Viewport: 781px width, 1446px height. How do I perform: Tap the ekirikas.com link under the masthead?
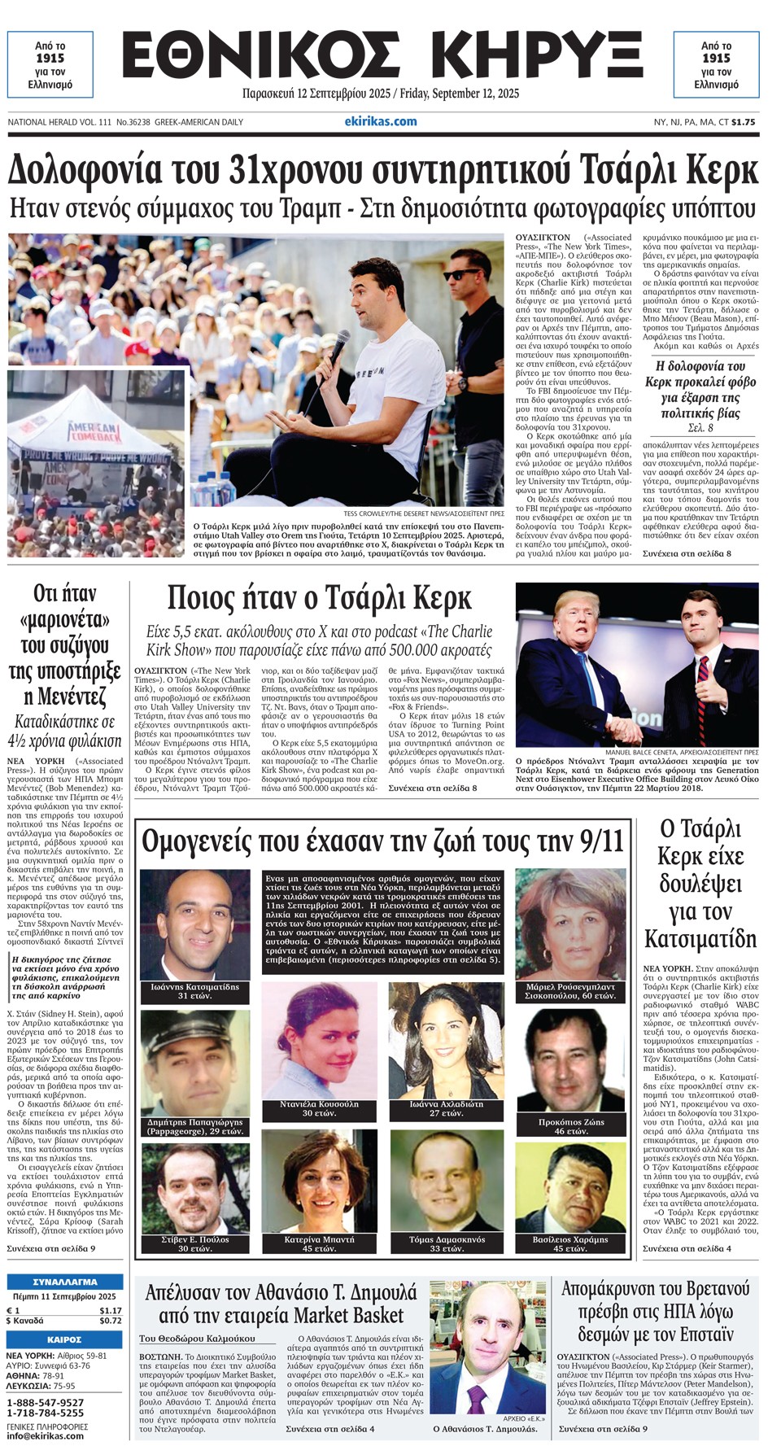pos(381,121)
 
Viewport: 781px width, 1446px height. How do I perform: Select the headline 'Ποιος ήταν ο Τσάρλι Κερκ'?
pos(319,598)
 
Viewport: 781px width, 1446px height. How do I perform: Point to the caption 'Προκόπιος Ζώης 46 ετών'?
pos(571,1125)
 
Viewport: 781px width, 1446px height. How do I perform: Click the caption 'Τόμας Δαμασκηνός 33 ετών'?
pos(447,1243)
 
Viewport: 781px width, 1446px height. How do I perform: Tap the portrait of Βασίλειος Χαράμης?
pos(571,1187)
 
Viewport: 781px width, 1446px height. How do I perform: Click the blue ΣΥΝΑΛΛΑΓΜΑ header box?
pos(65,1282)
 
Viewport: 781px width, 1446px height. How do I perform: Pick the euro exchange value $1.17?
pos(110,1310)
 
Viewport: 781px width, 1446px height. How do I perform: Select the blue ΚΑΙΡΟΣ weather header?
pos(65,1339)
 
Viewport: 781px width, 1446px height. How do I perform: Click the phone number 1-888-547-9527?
pos(46,1403)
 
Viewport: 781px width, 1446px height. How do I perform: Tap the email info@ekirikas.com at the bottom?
pos(45,1435)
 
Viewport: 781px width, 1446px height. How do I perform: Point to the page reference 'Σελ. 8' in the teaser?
pos(700,428)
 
